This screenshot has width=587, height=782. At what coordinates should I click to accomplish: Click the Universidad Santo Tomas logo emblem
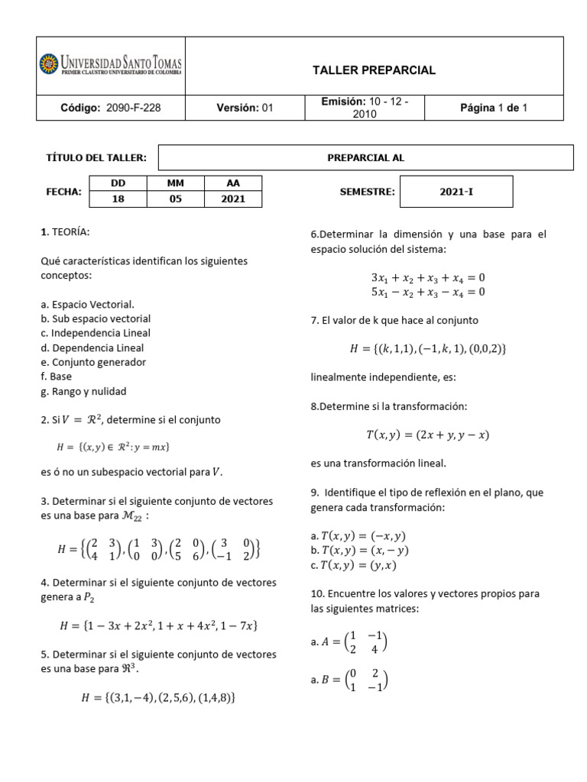coord(49,63)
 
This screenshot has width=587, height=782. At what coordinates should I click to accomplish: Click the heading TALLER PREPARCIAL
coord(374,70)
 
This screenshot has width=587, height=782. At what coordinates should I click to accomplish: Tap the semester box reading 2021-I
coord(457,192)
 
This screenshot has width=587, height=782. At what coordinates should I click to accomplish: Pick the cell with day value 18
coord(118,199)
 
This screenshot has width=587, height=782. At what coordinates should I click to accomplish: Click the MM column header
coord(176,183)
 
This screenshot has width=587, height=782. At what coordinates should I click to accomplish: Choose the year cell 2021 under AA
coord(233,199)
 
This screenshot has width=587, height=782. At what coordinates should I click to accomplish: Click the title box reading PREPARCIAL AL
coord(365,158)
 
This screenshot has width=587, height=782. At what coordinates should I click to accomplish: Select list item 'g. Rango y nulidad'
coord(83,391)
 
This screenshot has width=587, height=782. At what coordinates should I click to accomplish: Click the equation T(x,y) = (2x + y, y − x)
coord(427,435)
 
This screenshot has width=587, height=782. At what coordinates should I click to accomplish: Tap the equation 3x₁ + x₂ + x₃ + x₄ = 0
coord(428,277)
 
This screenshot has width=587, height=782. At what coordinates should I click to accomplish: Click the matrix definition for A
coord(349,642)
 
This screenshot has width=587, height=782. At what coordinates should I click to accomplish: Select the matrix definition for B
coord(349,680)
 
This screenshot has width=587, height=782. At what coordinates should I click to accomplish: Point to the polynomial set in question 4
coord(158,625)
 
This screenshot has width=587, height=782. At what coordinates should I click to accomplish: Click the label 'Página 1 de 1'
coord(493,108)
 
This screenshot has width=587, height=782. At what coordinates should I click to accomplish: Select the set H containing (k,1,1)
coord(428,348)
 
